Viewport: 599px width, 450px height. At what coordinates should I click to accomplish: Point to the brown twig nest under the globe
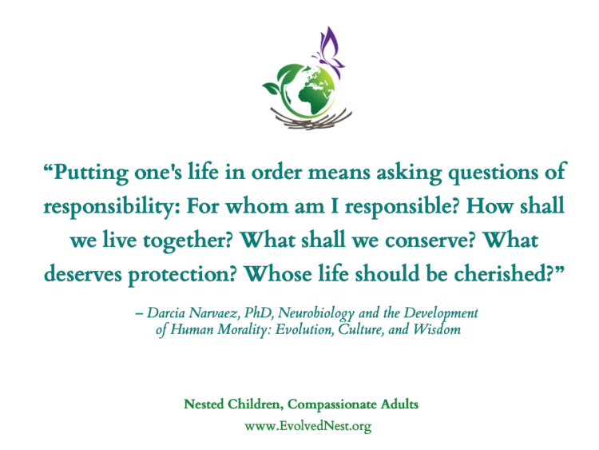coord(310,119)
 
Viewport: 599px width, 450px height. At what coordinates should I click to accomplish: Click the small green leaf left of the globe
coord(272,88)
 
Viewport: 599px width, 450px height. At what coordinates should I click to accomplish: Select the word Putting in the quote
coord(90,173)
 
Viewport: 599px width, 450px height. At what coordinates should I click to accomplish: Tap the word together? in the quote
coord(188,241)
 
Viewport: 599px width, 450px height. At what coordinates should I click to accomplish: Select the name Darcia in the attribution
coord(166,313)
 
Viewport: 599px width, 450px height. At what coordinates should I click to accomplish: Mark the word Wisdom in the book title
coord(437,329)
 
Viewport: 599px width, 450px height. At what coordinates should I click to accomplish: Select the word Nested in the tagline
coord(204,404)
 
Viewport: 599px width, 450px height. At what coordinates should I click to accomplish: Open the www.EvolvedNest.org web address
coord(308,426)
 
